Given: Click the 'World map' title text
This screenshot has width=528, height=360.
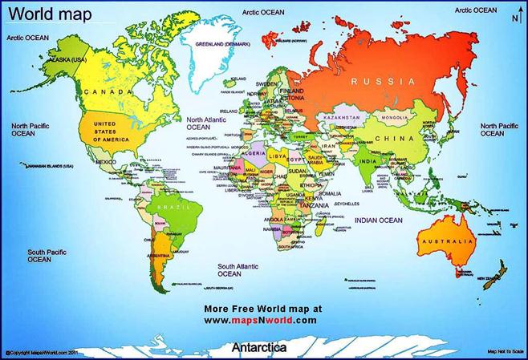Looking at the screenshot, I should click(x=40, y=15).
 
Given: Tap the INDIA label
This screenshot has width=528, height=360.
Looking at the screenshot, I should click(x=367, y=161).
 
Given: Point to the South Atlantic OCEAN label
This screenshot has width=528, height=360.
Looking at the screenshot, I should click(x=236, y=269).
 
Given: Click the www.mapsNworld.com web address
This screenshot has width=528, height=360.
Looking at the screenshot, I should click(x=260, y=319).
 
